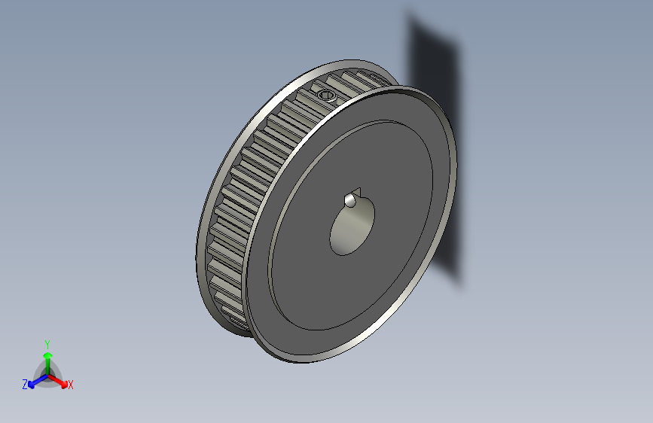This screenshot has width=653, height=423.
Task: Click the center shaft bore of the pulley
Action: (352, 229)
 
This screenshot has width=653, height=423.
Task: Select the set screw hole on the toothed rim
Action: (325, 95)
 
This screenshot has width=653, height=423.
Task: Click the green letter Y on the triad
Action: (47, 343)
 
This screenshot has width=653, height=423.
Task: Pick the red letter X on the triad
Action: (71, 385)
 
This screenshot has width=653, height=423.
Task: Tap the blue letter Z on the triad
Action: (25, 385)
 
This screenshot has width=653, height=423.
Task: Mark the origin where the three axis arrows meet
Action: (47, 374)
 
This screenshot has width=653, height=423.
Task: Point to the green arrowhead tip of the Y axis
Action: (47, 352)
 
